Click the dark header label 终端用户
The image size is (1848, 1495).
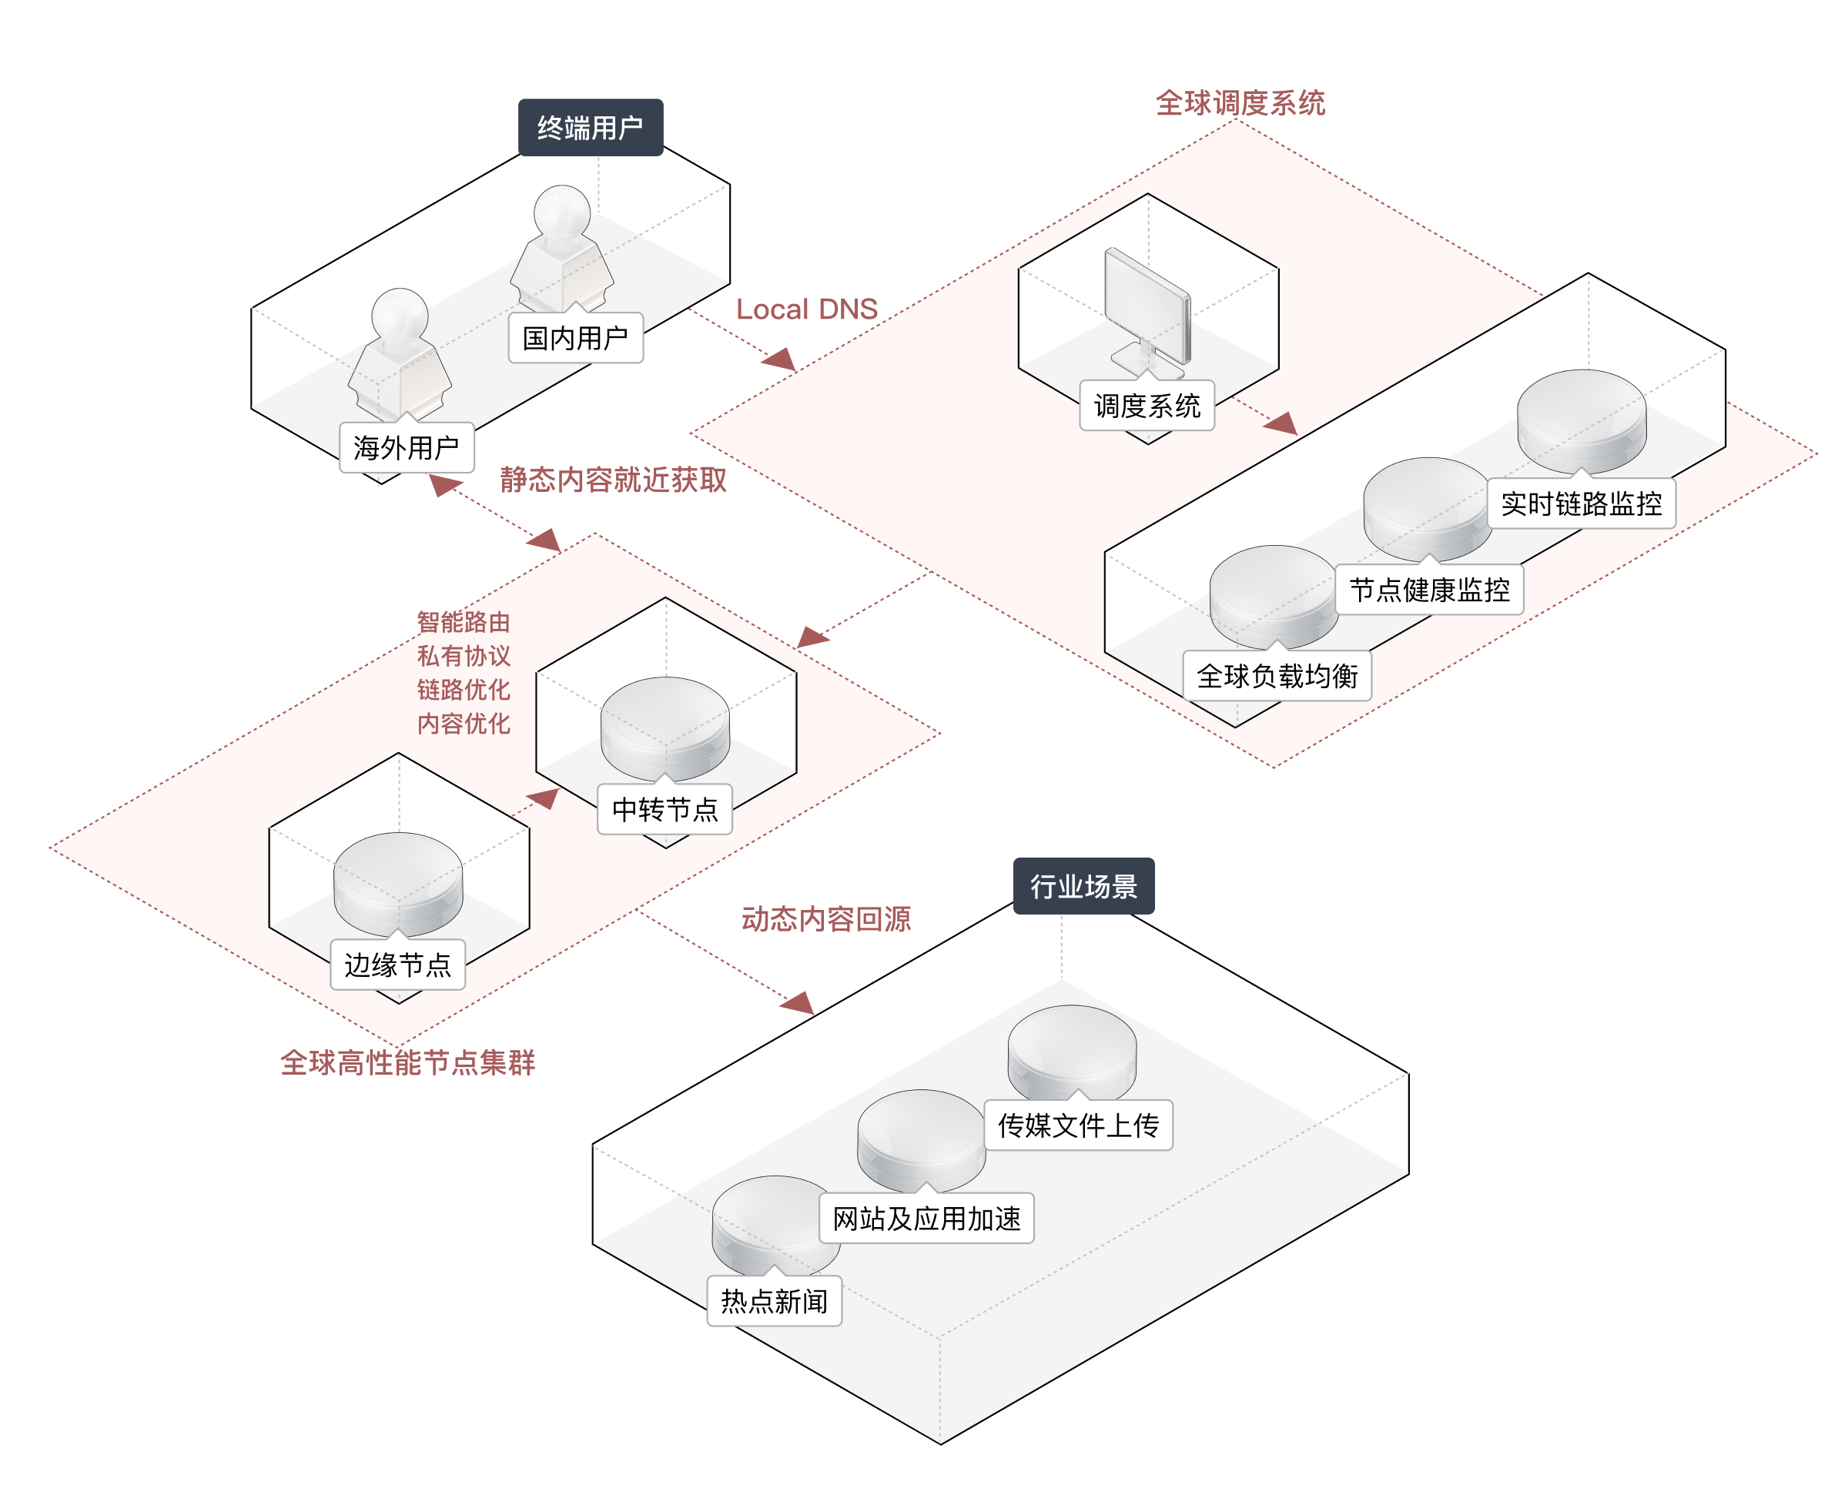click(590, 128)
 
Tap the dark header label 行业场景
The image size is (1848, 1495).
click(1083, 885)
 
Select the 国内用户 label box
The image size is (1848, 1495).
click(575, 338)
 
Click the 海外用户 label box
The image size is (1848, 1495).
click(407, 447)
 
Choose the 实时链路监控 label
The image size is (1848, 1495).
click(1581, 503)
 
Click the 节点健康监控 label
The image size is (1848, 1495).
click(1428, 590)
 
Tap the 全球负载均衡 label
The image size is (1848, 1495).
click(1277, 676)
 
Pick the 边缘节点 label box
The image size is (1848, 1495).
click(398, 965)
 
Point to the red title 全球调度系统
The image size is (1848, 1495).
click(1240, 103)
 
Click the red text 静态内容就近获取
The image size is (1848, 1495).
click(613, 480)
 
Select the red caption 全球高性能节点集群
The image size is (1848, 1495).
click(407, 1062)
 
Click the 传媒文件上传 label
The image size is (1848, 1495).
click(1078, 1125)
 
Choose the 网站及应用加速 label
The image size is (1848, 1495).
click(926, 1219)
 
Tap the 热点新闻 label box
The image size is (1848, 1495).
click(774, 1300)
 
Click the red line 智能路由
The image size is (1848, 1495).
click(464, 622)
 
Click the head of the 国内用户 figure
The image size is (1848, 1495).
click(561, 211)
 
